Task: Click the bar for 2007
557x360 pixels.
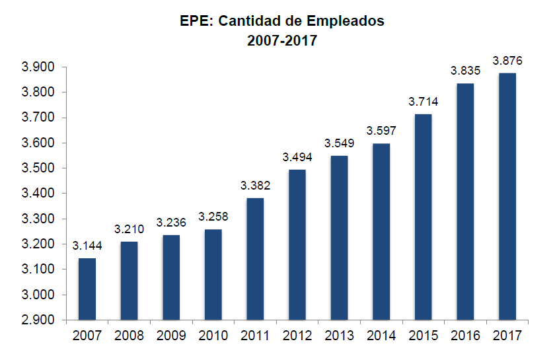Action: [87, 289]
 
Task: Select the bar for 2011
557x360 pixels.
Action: [256, 259]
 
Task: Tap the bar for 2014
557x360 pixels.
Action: [381, 231]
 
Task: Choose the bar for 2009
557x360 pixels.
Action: [171, 277]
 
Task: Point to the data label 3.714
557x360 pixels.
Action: [423, 102]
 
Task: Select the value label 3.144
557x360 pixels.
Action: [87, 246]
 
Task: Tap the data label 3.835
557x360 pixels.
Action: [465, 71]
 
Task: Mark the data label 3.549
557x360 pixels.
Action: [339, 143]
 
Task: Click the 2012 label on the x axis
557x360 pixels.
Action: [297, 336]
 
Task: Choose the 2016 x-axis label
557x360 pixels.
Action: [465, 336]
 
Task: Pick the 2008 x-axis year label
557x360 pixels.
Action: [129, 336]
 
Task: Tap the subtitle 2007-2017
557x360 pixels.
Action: [282, 40]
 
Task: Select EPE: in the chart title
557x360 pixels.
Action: [196, 21]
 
